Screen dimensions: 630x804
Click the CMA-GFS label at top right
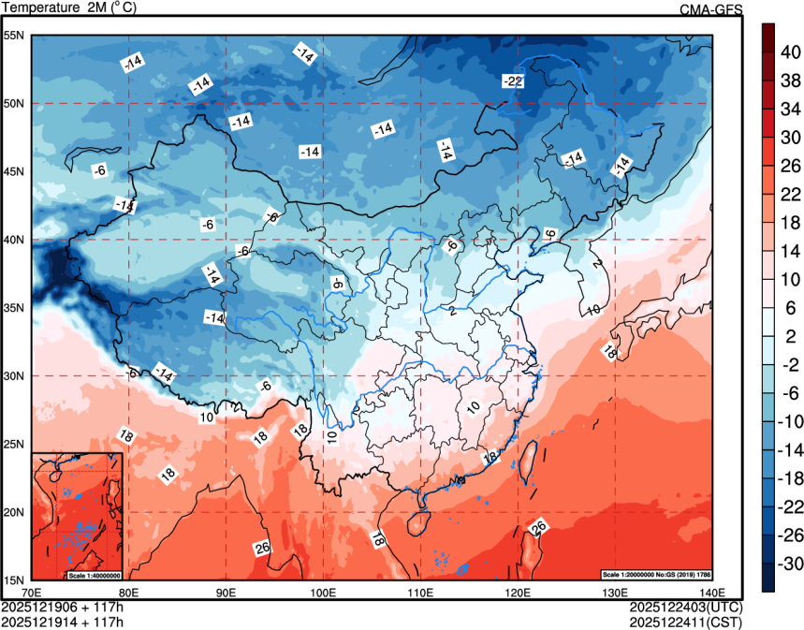tap(710, 9)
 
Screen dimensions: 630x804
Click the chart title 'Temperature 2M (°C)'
tap(71, 8)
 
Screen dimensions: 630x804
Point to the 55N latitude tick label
tap(13, 36)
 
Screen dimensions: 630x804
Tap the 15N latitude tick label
tap(13, 580)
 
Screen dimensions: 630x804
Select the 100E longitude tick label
tap(323, 592)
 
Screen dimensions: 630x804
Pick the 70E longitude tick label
tap(32, 592)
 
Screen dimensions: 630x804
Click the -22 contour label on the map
tap(512, 81)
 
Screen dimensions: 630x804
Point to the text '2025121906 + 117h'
tap(63, 607)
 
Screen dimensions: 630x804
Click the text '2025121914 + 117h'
tap(63, 621)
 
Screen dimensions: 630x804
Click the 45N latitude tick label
tap(13, 172)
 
